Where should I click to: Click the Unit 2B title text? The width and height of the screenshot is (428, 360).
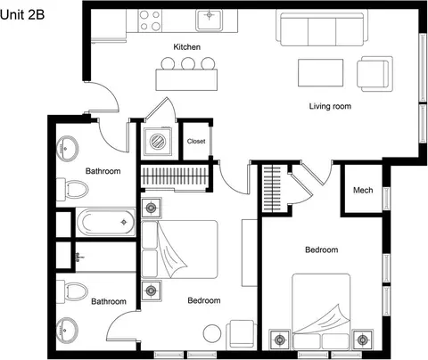(22, 14)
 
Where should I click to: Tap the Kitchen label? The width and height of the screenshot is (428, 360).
(186, 47)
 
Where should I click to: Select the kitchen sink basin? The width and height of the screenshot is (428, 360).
(210, 20)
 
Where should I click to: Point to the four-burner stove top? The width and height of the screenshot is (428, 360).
(150, 20)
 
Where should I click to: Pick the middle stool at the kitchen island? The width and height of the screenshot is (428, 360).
(188, 63)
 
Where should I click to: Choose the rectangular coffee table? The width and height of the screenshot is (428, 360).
(321, 73)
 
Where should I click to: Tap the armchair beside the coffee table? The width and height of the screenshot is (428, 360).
(374, 74)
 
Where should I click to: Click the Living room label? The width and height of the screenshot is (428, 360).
(330, 106)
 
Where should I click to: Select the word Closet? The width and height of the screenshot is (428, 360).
(196, 141)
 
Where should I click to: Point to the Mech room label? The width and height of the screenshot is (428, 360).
(363, 190)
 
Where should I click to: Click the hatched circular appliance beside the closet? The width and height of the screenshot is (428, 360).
(158, 142)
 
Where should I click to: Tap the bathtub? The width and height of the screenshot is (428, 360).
(106, 222)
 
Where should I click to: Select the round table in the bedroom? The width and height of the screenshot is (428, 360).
(212, 333)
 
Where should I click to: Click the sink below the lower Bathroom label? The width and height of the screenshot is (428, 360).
(67, 329)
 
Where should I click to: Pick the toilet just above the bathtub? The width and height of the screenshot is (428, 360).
(72, 189)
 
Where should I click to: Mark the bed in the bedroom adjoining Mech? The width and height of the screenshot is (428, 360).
(321, 311)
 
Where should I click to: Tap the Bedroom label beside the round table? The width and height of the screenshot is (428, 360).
(204, 300)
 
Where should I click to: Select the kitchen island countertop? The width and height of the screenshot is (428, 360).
(186, 79)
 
